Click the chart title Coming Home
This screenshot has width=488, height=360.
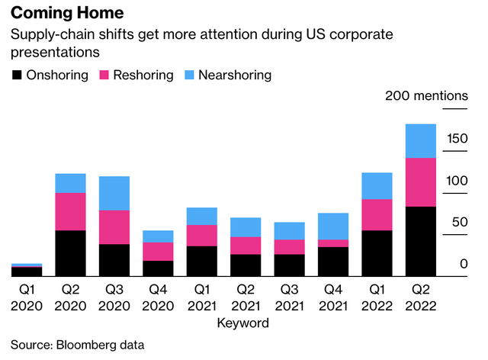tap(68, 14)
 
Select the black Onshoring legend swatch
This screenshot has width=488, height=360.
tap(17, 75)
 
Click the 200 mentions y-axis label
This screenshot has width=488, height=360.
tap(426, 96)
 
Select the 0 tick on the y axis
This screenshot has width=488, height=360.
tap(463, 264)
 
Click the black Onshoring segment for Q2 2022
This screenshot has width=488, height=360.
tap(420, 240)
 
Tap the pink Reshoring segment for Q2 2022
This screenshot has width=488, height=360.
tap(420, 182)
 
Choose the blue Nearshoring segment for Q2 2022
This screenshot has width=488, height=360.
tap(420, 141)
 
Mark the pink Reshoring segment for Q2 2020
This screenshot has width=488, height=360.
tap(70, 211)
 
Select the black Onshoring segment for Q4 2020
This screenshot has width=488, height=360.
tap(158, 268)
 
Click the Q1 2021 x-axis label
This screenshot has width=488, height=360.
tap(201, 297)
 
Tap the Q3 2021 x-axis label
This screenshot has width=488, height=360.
tap(289, 297)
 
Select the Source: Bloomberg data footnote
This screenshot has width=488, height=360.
tap(77, 345)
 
